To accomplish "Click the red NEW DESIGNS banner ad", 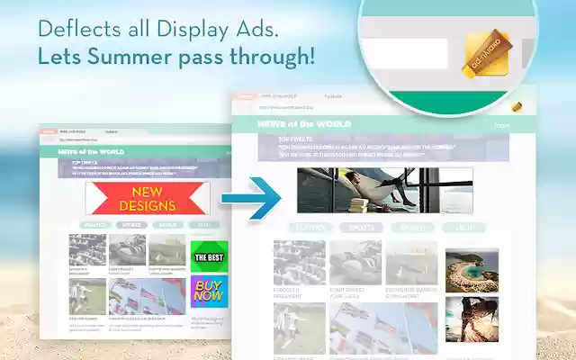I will click(148, 198).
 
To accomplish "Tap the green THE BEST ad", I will click(209, 256).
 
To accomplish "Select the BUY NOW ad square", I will click(209, 291).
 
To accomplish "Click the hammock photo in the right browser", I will click(384, 190).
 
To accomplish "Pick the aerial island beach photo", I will click(472, 271).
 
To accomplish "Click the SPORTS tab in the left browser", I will click(130, 224).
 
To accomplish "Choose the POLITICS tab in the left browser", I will click(94, 224).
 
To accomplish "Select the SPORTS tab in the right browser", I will click(361, 228).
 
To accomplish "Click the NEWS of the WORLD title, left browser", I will click(90, 152).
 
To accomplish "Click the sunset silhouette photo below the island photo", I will click(472, 319).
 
